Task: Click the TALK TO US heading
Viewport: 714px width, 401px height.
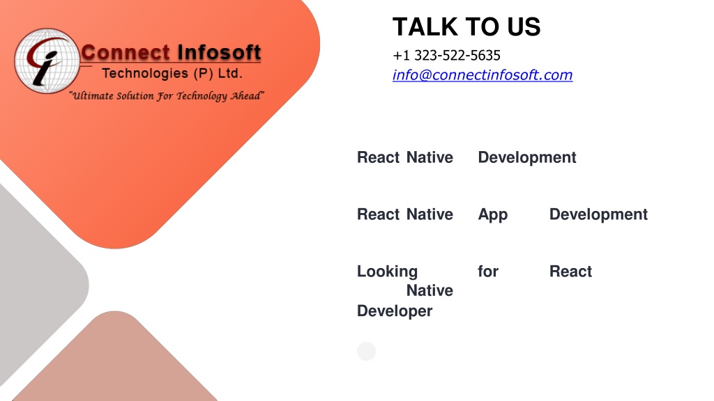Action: pos(466,27)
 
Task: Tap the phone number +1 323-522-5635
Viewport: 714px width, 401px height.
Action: pos(446,56)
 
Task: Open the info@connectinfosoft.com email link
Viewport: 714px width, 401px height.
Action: pos(483,75)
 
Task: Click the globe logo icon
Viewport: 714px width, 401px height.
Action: pos(47,61)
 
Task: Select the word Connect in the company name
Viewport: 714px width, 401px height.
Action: pos(126,52)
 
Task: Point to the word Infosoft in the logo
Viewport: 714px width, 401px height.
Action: pos(219,52)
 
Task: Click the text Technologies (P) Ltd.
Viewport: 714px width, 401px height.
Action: pos(172,73)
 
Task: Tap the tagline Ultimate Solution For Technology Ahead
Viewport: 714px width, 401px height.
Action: pos(167,96)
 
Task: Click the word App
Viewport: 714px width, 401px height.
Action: pos(493,214)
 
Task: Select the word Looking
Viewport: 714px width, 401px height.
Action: pos(387,272)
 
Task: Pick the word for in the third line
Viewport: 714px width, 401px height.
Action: pos(487,272)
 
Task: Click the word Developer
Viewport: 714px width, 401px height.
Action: pos(395,311)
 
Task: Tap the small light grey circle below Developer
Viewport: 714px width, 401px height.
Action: pos(367,352)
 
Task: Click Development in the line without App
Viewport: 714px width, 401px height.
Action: pos(527,157)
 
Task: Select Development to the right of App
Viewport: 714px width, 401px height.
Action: pos(598,214)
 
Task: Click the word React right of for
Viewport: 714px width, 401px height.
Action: pos(570,272)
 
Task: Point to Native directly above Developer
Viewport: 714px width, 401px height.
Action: pos(430,290)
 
